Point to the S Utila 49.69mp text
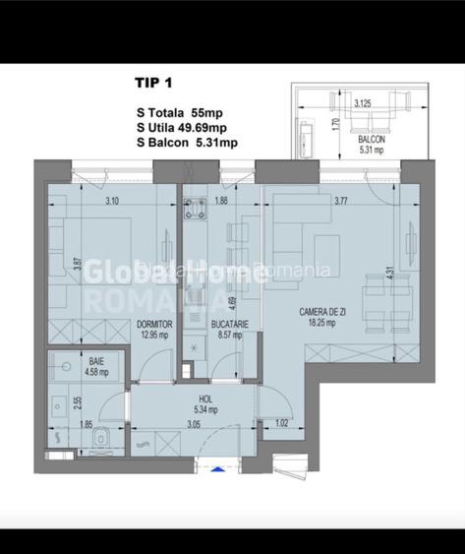tap(183, 128)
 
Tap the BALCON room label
tap(371, 140)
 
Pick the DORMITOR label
tap(154, 322)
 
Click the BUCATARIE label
tap(229, 322)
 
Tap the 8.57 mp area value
tap(228, 334)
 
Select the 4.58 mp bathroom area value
tap(68, 373)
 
